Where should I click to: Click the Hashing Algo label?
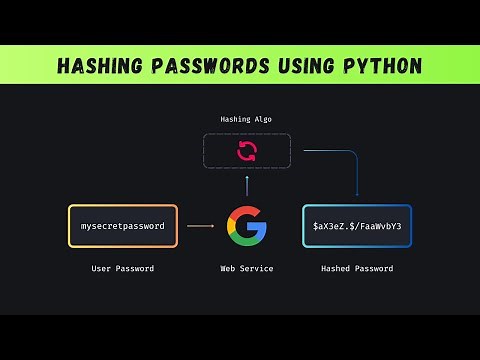[246, 119]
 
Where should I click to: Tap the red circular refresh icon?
[246, 151]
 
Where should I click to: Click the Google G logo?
[246, 226]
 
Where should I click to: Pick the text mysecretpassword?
[123, 226]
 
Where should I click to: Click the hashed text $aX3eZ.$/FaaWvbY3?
[357, 226]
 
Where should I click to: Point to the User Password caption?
[123, 269]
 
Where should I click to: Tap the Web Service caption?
[246, 269]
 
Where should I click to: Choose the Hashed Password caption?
[357, 269]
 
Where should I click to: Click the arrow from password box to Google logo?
[200, 226]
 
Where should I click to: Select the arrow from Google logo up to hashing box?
[246, 188]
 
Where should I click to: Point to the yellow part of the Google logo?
[229, 226]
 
